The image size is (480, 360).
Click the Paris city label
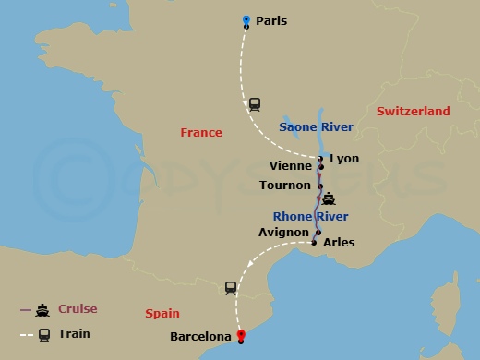click(x=271, y=20)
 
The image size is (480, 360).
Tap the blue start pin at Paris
click(x=246, y=19)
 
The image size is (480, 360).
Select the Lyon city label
click(x=344, y=159)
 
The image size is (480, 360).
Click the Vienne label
click(x=291, y=166)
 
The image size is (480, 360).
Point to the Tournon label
click(x=285, y=185)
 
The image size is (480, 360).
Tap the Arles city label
click(x=339, y=243)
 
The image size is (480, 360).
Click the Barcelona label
click(x=200, y=337)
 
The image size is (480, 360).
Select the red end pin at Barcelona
click(x=241, y=334)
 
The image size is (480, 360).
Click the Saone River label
click(x=316, y=126)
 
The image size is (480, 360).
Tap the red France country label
click(x=200, y=133)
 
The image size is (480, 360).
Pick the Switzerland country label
click(x=413, y=112)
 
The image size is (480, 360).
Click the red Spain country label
click(x=162, y=314)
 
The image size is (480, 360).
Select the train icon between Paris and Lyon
click(x=255, y=104)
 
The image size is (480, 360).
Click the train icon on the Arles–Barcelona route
click(x=230, y=289)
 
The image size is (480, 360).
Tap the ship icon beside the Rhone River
click(x=328, y=197)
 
